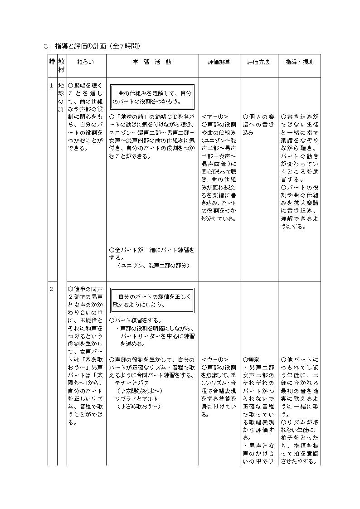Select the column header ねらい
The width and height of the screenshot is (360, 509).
click(86, 62)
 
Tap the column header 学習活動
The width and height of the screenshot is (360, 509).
click(152, 62)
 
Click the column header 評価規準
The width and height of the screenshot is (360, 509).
click(219, 62)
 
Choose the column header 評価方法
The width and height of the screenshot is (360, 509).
click(258, 62)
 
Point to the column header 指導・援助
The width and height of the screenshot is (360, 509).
click(299, 62)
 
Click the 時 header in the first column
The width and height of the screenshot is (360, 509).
click(52, 62)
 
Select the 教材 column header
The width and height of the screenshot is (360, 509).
click(62, 66)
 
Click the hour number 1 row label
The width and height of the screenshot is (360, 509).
click(52, 85)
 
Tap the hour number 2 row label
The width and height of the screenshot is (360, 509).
click(52, 289)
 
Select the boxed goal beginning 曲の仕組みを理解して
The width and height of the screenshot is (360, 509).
click(152, 97)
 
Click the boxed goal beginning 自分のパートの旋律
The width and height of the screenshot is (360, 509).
click(152, 300)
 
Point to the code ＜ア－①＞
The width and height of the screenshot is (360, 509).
click(215, 116)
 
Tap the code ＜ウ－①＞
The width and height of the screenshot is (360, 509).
click(215, 359)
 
